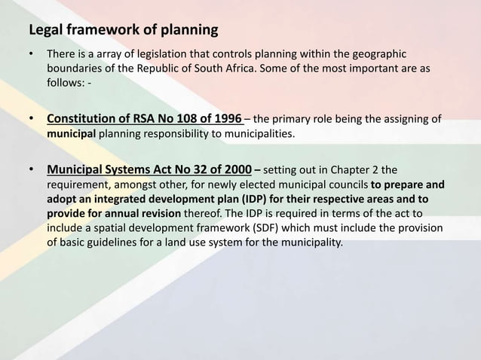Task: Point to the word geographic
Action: pos(378,54)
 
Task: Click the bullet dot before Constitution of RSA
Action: pos(32,119)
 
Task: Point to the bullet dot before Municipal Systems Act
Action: pos(32,169)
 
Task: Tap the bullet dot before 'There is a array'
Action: pos(32,55)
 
